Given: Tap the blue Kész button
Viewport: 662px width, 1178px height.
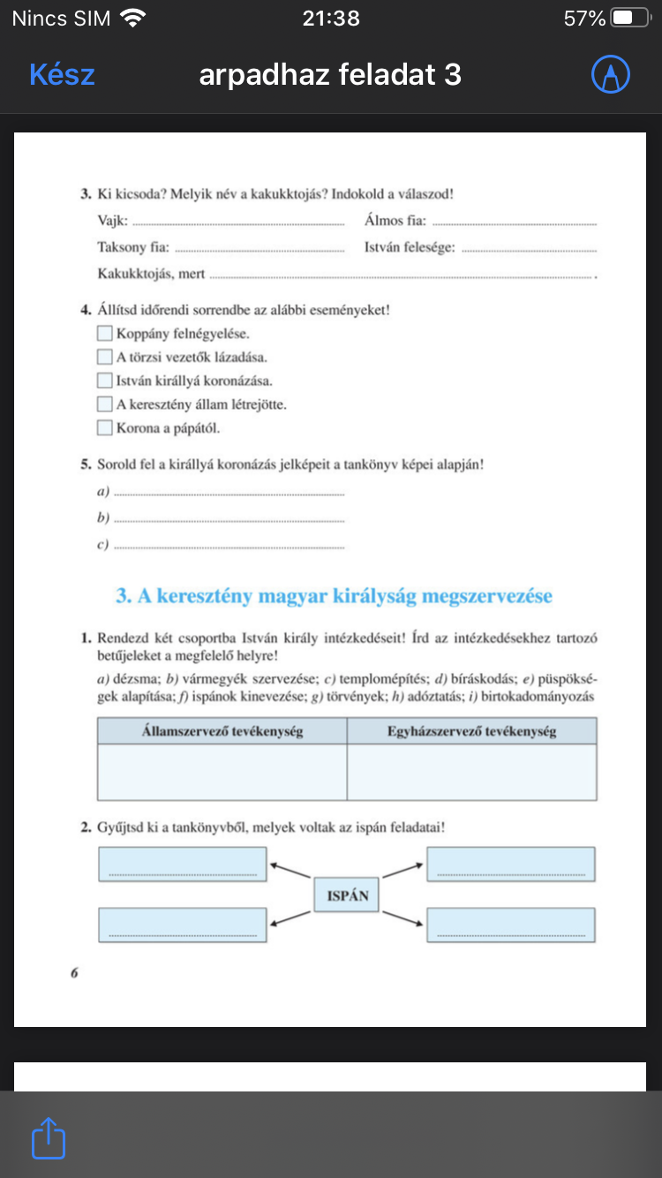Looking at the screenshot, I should click(62, 75).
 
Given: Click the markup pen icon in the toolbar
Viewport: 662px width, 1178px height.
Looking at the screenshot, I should click(610, 75).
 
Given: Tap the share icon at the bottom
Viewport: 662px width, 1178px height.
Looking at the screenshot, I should click(49, 1138).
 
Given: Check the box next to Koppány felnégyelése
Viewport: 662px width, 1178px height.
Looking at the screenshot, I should click(105, 334).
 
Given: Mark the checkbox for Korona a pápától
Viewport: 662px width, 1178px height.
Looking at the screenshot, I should click(105, 428).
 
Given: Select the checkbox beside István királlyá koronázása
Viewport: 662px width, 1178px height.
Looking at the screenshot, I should click(105, 381).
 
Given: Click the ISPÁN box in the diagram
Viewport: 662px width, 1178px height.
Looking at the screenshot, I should click(347, 896).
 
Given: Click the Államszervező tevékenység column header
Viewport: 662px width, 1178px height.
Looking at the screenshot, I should click(222, 731).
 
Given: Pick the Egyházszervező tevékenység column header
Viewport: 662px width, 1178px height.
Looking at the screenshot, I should click(471, 731).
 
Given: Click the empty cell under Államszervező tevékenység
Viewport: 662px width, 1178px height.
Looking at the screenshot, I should click(222, 772).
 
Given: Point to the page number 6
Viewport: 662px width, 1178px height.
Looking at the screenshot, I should click(75, 972).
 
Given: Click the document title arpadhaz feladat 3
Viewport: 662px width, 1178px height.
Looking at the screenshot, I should click(330, 75).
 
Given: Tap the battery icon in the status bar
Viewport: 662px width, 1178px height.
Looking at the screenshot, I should click(629, 18).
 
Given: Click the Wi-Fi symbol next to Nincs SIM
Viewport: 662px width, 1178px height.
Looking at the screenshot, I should click(133, 18).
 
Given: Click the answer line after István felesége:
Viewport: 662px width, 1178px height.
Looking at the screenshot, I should click(529, 249).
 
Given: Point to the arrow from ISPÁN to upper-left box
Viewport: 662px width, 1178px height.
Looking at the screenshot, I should click(290, 871).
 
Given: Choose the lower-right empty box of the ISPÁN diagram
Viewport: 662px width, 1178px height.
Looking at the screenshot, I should click(510, 925).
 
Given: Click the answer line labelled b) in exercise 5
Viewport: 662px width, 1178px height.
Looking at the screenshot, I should click(229, 520).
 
